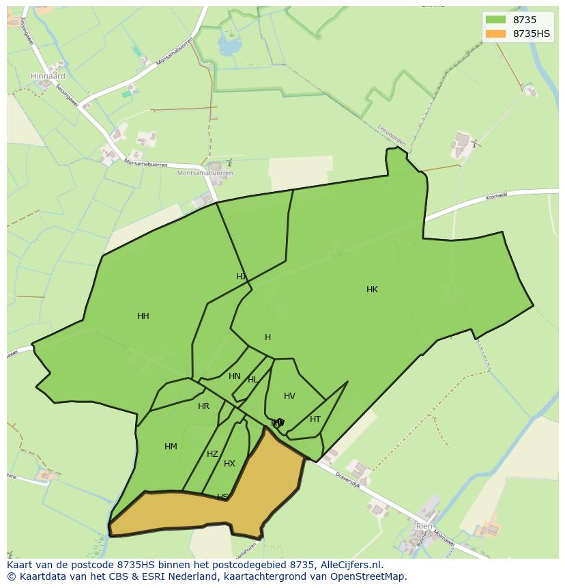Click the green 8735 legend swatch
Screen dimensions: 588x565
495,20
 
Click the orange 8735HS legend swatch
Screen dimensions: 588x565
495,33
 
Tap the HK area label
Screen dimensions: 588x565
372,290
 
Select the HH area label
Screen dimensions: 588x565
143,316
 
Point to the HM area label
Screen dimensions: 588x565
171,447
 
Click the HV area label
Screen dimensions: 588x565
289,396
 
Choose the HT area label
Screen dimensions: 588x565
315,419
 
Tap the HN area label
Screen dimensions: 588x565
235,376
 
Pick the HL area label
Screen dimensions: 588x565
252,380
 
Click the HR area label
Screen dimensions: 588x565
203,406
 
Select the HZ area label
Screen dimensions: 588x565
212,454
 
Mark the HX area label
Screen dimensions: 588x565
229,464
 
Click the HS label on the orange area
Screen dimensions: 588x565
222,496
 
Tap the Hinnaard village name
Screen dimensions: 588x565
48,76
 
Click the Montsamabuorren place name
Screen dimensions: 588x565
205,173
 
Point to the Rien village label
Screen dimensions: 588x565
424,527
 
